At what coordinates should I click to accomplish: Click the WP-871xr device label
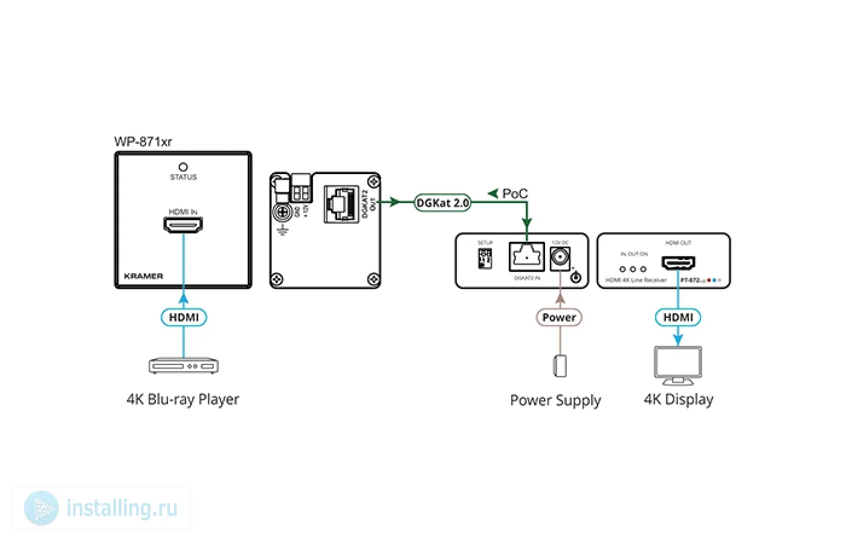pyautogui.click(x=143, y=141)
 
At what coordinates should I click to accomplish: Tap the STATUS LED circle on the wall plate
pyautogui.click(x=183, y=166)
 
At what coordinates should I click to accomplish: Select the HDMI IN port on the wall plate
pyautogui.click(x=183, y=225)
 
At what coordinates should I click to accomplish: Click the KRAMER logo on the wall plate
pyautogui.click(x=143, y=276)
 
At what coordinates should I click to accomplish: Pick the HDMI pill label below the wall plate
pyautogui.click(x=184, y=317)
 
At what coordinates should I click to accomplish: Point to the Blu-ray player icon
pyautogui.click(x=184, y=366)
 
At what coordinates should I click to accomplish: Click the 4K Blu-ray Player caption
pyautogui.click(x=182, y=400)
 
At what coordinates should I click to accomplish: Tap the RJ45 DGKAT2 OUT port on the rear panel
pyautogui.click(x=341, y=204)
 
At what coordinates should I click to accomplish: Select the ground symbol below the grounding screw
pyautogui.click(x=282, y=230)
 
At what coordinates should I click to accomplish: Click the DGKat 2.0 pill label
pyautogui.click(x=443, y=203)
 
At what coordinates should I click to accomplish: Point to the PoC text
pyautogui.click(x=514, y=194)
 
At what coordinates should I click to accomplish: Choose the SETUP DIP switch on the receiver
pyautogui.click(x=485, y=259)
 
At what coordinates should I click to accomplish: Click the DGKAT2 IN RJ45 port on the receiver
pyautogui.click(x=526, y=257)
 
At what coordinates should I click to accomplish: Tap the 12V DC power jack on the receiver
pyautogui.click(x=560, y=258)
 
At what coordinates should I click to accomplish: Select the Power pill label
pyautogui.click(x=559, y=317)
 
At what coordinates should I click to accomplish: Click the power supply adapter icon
pyautogui.click(x=560, y=366)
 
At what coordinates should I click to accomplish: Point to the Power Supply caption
pyautogui.click(x=555, y=400)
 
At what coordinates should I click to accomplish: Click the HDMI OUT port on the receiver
pyautogui.click(x=678, y=263)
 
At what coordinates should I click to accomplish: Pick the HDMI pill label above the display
pyautogui.click(x=678, y=317)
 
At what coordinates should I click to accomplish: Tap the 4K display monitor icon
pyautogui.click(x=678, y=364)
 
